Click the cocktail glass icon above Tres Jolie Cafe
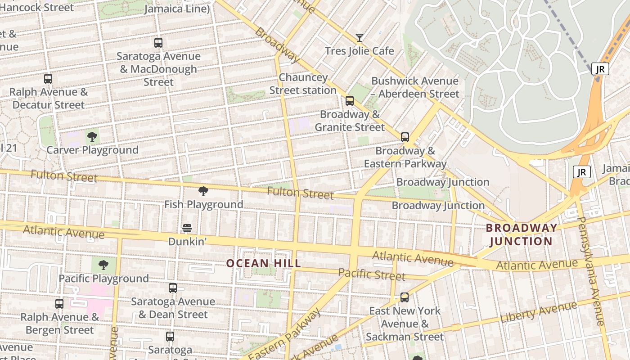coord(359,37)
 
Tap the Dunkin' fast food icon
coord(187,228)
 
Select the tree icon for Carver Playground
coord(92,136)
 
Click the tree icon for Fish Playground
coord(203,191)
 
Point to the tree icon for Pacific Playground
coord(103,265)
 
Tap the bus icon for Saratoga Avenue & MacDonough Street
coord(158,43)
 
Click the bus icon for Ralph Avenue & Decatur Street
coord(48,79)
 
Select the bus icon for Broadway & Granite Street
coord(350,101)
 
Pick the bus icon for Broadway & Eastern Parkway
coord(405,137)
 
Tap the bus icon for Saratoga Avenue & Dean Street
coord(173,288)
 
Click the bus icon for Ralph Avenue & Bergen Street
coord(59,304)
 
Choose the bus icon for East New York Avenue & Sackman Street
coord(405,297)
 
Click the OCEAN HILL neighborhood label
coord(263,263)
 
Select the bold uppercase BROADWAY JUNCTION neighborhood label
coord(521,234)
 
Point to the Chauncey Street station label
coord(303,84)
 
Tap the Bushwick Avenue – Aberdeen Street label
coord(415,87)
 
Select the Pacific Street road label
coord(372,274)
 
